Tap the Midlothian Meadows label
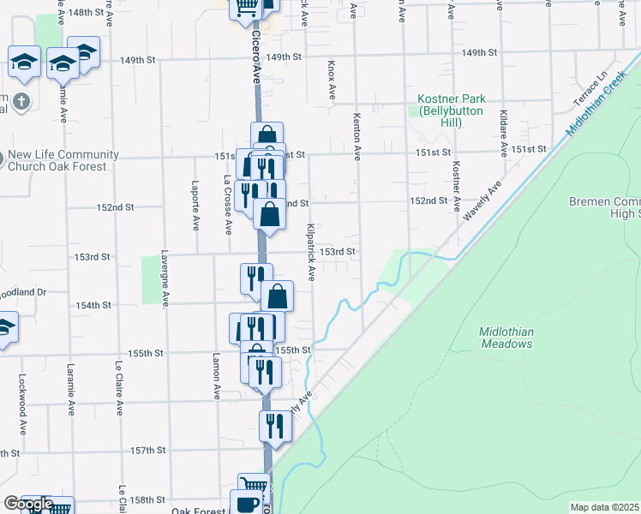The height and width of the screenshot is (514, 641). pos(506,338)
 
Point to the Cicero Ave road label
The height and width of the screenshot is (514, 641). pos(255,56)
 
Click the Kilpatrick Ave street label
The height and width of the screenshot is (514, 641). pos(310,253)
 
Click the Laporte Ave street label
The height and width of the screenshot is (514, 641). pos(195,205)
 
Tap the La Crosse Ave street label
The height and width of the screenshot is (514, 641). pos(227,206)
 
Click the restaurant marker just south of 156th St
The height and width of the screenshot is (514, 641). pos(275,425)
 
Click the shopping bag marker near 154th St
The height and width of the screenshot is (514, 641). pos(278,296)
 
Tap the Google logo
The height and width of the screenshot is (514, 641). pos(28,505)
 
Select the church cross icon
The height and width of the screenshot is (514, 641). pos(21,101)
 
